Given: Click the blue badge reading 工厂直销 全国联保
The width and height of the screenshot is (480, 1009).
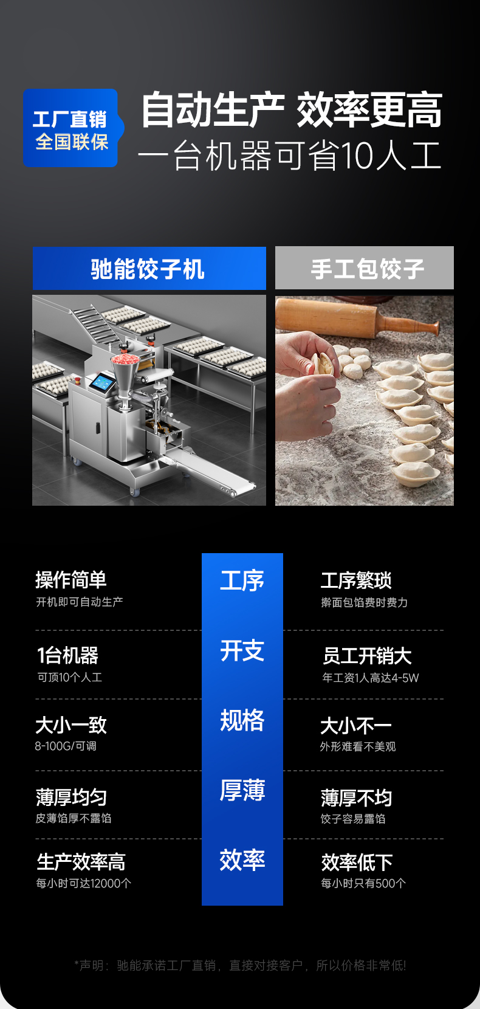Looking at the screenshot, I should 71,128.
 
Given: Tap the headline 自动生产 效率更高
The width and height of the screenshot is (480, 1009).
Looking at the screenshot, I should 292,111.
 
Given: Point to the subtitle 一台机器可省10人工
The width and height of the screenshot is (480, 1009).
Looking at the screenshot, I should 289,156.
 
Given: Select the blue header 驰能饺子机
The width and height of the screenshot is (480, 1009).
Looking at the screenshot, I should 149,269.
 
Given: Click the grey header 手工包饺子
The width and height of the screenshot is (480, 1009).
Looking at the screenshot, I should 365,268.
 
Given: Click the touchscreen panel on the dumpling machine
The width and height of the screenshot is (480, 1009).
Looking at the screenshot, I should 101,383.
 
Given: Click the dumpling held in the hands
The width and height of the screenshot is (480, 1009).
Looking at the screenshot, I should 324,363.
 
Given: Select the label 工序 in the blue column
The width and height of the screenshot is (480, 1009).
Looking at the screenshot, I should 242,581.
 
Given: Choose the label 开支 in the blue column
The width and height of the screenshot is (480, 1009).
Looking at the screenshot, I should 242,651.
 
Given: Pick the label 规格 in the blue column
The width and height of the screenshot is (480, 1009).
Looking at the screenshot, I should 242,721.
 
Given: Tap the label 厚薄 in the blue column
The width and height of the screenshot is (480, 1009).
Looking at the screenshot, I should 242,790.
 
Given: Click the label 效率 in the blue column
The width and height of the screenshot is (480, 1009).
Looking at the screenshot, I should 242,860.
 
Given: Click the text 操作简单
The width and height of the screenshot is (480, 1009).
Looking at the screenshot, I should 71,580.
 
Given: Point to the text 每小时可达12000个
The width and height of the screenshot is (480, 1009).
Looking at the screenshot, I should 83,883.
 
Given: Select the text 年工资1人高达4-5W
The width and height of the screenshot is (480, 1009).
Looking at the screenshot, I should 370,678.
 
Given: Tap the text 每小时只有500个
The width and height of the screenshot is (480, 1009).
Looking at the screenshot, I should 363,883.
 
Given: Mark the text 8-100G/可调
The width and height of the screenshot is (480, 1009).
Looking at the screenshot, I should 66,746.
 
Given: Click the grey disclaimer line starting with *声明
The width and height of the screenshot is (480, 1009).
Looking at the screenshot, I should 240,965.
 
